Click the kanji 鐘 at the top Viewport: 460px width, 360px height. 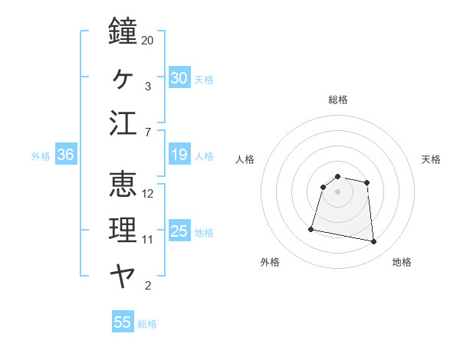click(123, 32)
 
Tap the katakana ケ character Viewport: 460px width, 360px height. click(123, 77)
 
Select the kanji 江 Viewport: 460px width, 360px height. click(123, 123)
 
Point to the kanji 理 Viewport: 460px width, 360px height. click(123, 229)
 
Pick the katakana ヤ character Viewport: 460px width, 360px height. click(123, 275)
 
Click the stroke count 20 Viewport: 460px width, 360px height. click(148, 41)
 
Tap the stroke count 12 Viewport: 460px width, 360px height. click(148, 194)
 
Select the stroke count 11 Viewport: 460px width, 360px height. click(148, 240)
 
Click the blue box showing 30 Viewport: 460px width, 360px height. click(179, 78)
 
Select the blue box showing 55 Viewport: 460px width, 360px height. click(123, 322)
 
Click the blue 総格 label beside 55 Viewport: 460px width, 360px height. click(147, 324)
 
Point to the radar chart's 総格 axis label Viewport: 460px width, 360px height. click(337, 100)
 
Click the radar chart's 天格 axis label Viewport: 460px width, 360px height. click(431, 159)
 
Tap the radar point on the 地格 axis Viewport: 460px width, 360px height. click(373, 242)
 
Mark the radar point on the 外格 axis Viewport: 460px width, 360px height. click(311, 228)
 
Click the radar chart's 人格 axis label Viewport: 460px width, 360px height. click(245, 159)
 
